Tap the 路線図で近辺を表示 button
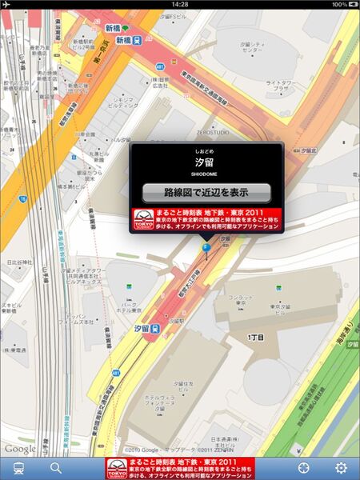206,193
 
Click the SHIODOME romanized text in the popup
206,173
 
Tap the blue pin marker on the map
206,249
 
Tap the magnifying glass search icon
56,468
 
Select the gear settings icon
341,468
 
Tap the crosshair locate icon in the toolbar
304,468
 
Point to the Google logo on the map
19,449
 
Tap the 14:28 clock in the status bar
180,4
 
